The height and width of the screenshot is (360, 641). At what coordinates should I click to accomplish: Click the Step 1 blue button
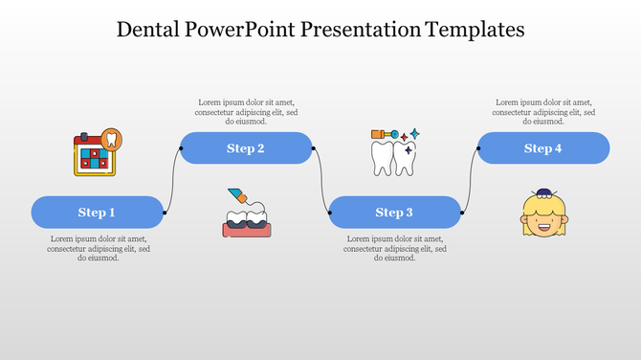98,212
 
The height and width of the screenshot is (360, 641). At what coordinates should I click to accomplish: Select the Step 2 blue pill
246,148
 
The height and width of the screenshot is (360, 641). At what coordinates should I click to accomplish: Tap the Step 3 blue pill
394,212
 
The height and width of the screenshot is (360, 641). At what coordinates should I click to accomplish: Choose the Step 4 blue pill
542,148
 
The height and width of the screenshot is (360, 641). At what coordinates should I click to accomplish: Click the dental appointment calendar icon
97,153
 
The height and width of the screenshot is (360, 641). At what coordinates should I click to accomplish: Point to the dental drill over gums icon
246,212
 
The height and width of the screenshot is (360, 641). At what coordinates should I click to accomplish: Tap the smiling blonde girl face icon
543,214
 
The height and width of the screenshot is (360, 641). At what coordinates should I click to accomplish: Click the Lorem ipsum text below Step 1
98,248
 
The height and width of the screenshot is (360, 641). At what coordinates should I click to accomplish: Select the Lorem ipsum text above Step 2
246,112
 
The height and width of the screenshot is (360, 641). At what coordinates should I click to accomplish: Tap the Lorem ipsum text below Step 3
394,248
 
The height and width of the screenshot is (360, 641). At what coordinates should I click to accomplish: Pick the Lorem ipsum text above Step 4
542,112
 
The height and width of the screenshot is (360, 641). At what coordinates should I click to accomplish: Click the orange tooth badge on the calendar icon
112,139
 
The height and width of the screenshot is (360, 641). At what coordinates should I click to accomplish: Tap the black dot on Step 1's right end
166,212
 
